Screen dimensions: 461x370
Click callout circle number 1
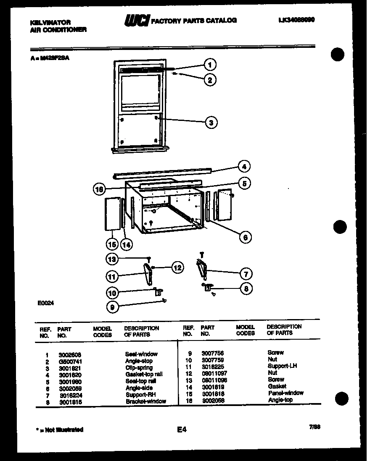(x=210, y=65)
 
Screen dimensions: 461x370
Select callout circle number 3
(x=211, y=122)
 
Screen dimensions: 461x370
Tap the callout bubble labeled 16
(x=99, y=189)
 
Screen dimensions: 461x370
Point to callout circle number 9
(x=112, y=307)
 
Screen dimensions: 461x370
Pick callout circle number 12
(x=178, y=267)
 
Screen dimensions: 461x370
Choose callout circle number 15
(x=111, y=244)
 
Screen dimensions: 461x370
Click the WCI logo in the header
(x=136, y=20)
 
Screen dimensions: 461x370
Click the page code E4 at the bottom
(x=181, y=429)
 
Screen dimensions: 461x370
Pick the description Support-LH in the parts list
(x=282, y=366)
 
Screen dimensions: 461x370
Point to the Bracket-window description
(x=145, y=401)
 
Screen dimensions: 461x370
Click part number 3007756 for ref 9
(x=212, y=353)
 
